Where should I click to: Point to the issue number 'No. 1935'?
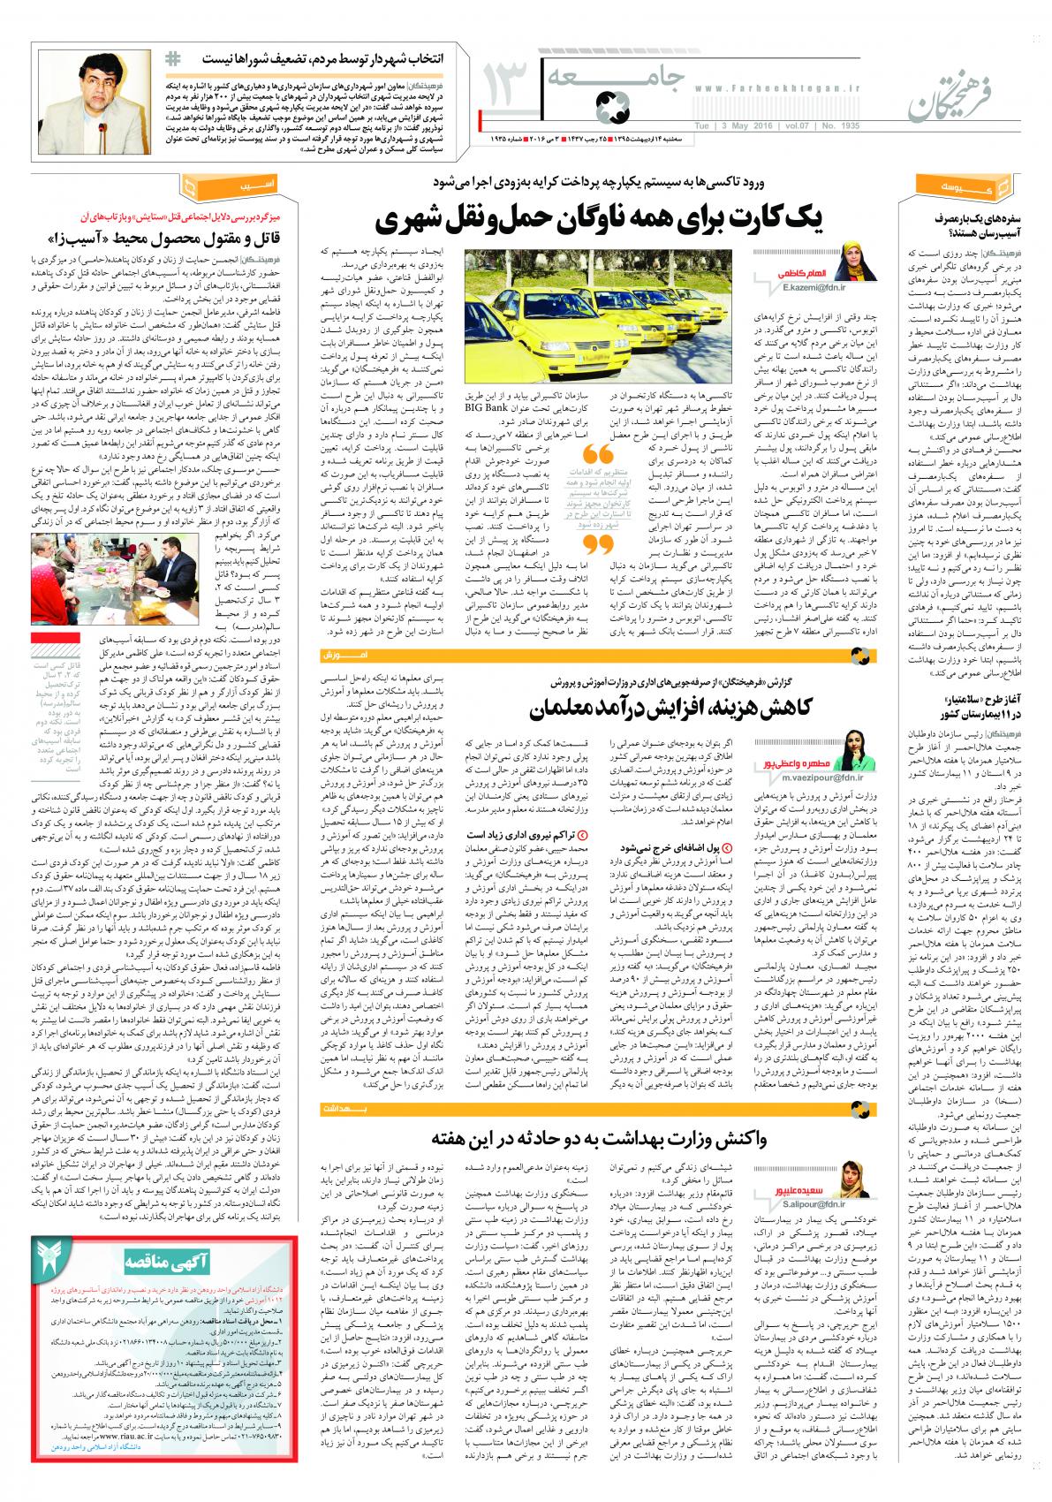(x=836, y=125)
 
